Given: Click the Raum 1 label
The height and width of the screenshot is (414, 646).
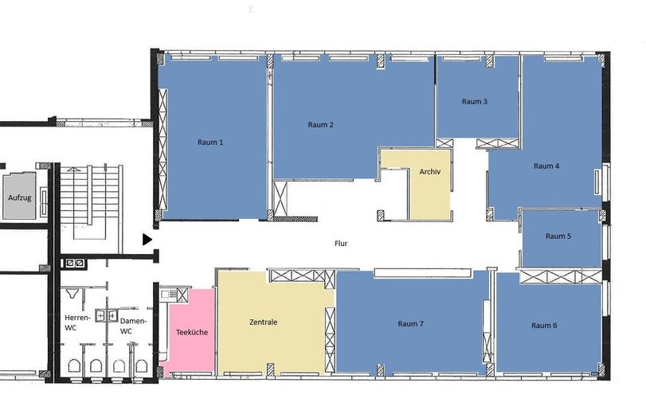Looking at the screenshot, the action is click(210, 143).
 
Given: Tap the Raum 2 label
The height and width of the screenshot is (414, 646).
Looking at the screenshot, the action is click(320, 125).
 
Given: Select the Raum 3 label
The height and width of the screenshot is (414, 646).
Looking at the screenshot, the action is click(474, 101).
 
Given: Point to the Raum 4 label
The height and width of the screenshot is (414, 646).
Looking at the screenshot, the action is click(546, 166).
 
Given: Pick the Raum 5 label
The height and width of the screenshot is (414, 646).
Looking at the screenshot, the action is click(558, 236).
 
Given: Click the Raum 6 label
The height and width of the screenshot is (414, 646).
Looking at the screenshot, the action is click(544, 326).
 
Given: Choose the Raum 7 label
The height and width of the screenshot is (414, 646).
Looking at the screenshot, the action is click(410, 324).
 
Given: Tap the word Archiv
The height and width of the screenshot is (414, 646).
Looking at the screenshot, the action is click(429, 172).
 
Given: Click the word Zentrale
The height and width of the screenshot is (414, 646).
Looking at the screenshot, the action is click(264, 322).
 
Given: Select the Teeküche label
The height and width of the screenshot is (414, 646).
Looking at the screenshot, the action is click(192, 332).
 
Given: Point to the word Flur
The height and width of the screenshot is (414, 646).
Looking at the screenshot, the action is click(341, 244).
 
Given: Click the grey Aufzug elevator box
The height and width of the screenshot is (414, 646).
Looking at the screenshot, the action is click(19, 196).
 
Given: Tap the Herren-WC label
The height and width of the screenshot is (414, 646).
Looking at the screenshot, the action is click(77, 322).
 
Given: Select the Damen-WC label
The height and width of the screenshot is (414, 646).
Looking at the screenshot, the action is click(133, 326).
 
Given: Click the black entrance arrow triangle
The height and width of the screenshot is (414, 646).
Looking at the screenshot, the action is click(147, 240).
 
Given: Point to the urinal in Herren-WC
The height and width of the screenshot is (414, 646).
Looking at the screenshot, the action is click(73, 293).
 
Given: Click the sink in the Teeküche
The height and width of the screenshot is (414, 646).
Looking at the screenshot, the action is click(168, 294).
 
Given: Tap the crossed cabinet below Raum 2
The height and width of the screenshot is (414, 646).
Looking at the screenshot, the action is click(280, 198).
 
